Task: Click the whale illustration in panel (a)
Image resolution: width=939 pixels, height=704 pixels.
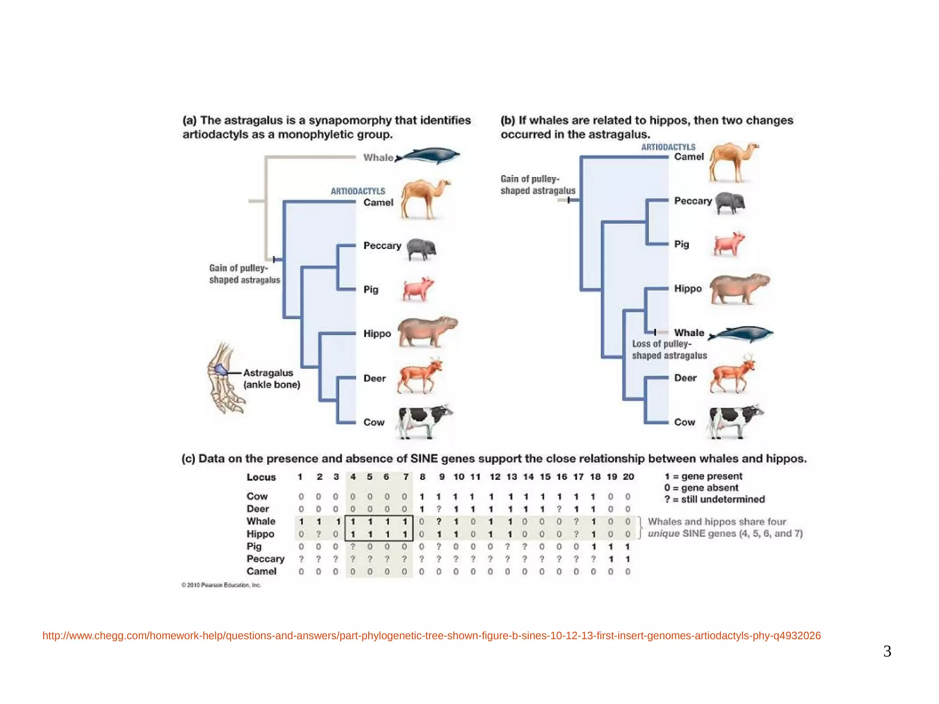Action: [429, 156]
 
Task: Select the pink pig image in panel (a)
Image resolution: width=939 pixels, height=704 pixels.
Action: [418, 289]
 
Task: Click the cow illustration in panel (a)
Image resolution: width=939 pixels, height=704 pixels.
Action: [424, 421]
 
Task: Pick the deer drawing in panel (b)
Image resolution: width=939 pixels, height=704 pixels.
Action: [732, 375]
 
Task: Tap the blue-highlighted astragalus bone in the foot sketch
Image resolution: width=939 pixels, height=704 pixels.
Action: [221, 370]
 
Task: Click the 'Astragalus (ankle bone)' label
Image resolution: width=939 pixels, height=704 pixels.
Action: [271, 379]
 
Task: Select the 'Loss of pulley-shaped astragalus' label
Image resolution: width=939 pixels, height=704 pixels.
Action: [669, 349]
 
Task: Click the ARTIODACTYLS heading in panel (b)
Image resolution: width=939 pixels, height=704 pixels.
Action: [668, 147]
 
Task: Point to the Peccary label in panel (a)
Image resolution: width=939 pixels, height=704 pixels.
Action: [382, 246]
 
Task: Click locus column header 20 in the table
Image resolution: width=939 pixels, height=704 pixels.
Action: [628, 477]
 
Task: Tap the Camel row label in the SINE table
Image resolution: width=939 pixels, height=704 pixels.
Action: [261, 571]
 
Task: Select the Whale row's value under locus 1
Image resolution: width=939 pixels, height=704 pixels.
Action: [301, 521]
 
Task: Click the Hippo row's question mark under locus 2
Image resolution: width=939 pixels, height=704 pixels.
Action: [319, 534]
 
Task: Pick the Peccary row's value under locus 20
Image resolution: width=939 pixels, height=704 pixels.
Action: [628, 559]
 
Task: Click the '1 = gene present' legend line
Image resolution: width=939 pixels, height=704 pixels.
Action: [703, 477]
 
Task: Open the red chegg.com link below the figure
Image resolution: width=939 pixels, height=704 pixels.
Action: [431, 636]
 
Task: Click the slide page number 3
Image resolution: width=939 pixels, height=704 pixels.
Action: [887, 651]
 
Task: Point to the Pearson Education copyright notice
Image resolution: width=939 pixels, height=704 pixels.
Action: [221, 585]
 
